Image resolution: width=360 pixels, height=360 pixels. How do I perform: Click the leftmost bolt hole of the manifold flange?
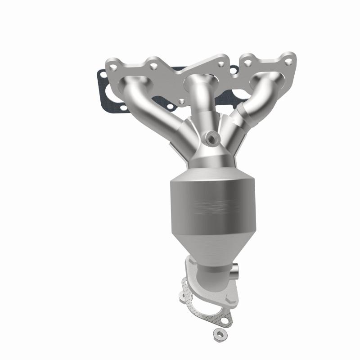click(114, 68)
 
